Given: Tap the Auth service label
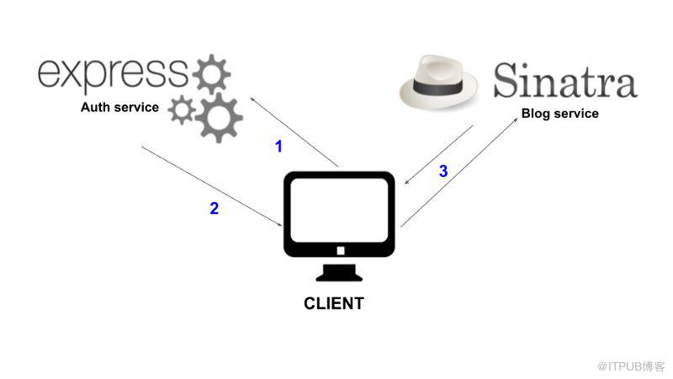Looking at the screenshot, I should point(119,108).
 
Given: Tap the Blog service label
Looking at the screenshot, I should point(560,114).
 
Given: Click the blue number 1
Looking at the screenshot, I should point(279,147).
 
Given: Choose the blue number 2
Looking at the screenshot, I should point(215,209).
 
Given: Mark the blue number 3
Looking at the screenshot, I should point(443,172).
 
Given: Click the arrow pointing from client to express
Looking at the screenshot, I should point(294,131).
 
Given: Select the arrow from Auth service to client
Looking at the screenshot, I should point(211,184).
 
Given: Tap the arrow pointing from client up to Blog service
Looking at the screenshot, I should point(459,173).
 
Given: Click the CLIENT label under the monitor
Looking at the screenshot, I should point(334,303).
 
